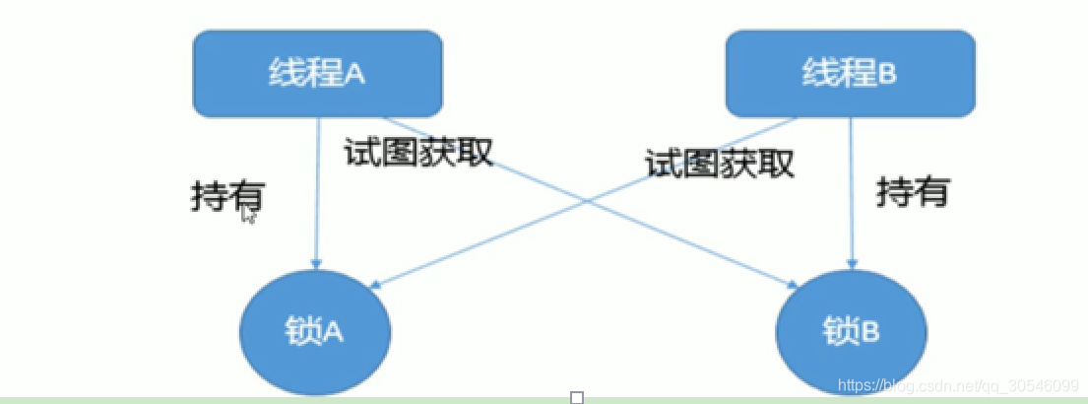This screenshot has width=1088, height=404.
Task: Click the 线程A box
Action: click(317, 74)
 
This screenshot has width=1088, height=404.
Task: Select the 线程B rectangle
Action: click(851, 74)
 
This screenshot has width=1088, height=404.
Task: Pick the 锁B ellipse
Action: click(850, 332)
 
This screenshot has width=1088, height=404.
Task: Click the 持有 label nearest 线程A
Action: click(226, 197)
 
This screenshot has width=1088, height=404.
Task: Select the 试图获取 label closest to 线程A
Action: click(418, 151)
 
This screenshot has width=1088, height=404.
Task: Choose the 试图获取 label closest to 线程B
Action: click(720, 163)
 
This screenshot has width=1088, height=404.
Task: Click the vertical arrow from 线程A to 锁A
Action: click(317, 197)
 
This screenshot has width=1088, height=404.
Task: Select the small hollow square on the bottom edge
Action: click(577, 397)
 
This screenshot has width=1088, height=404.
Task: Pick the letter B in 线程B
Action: click(888, 74)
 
